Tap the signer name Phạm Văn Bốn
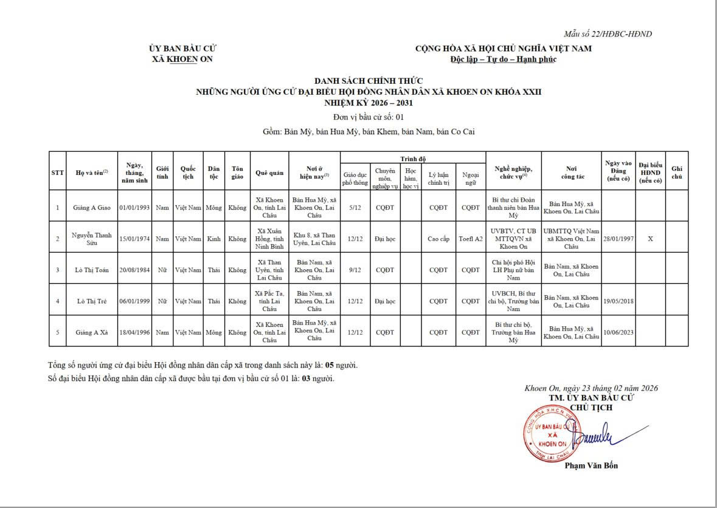[591, 466]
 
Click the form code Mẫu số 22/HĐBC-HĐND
[608, 34]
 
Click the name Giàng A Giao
[92, 207]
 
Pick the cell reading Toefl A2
[471, 239]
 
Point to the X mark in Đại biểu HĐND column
[650, 239]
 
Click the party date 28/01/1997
[618, 239]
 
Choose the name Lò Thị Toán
[92, 270]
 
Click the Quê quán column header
[269, 173]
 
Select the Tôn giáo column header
[237, 173]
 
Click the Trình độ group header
[413, 159]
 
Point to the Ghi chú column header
[677, 173]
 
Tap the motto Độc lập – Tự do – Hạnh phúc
[503, 59]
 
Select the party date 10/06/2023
[618, 332]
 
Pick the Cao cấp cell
[438, 239]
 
